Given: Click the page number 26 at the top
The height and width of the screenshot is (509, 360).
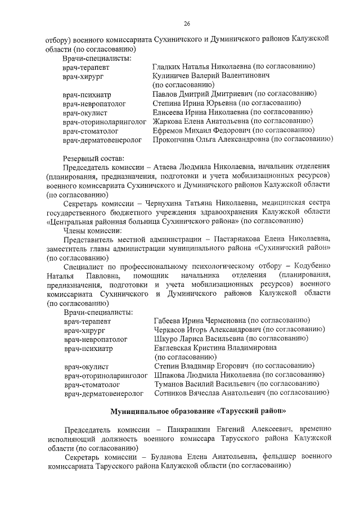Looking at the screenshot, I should pyautogui.click(x=186, y=23).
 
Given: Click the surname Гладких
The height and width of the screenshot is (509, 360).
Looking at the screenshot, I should pyautogui.click(x=169, y=67).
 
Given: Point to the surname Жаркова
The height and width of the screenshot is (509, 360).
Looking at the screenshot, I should pyautogui.click(x=169, y=121).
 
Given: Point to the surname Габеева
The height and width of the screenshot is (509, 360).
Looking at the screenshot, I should pyautogui.click(x=170, y=320).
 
